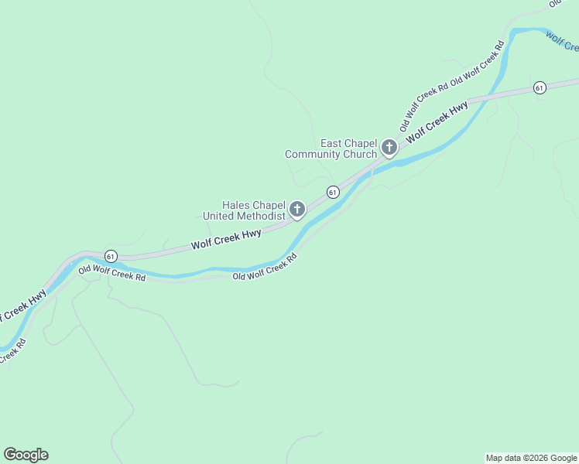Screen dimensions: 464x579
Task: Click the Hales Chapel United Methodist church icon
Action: (296, 209)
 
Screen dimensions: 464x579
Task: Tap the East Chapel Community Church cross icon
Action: (389, 147)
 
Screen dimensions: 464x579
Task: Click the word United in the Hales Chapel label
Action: (218, 217)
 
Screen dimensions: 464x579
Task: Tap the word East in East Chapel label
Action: (332, 144)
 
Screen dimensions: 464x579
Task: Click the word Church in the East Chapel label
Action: (359, 155)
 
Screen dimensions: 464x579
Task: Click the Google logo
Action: (26, 455)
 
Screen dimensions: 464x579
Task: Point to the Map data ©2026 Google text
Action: (531, 458)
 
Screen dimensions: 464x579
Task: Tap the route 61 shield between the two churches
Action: (333, 192)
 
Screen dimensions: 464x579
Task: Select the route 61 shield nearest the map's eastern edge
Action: (540, 88)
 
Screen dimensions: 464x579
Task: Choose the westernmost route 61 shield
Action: (111, 256)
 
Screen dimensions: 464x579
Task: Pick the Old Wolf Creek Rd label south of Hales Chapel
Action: (265, 270)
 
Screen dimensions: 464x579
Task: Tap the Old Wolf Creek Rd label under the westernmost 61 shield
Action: (111, 271)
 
